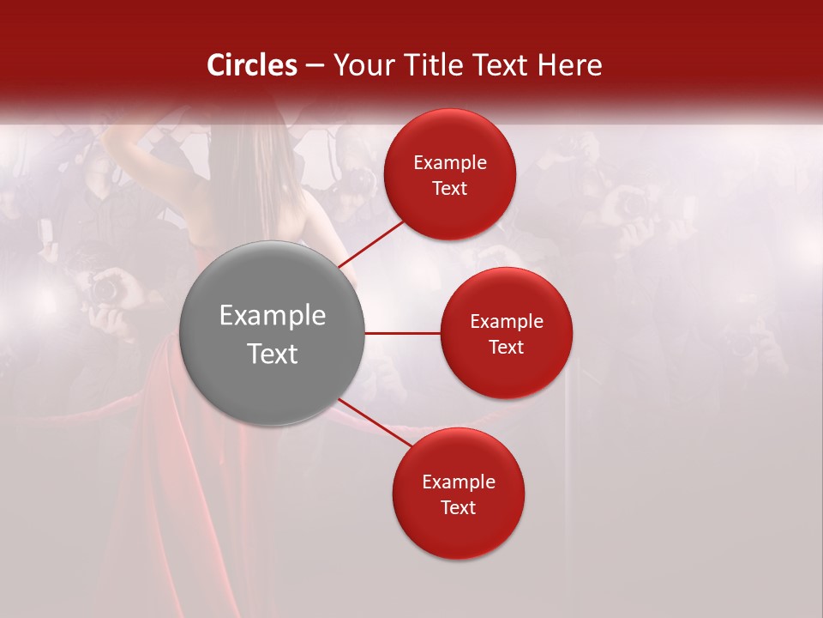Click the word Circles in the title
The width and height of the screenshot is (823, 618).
click(x=252, y=65)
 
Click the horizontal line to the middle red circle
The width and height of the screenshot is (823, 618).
click(x=402, y=333)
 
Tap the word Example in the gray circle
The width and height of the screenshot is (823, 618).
click(x=273, y=316)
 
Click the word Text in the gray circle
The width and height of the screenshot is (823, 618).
click(x=273, y=354)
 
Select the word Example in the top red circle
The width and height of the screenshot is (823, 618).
click(x=450, y=163)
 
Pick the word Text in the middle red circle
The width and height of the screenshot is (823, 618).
click(x=506, y=347)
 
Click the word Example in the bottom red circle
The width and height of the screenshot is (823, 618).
click(x=459, y=482)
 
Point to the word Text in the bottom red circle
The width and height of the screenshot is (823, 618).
click(x=459, y=507)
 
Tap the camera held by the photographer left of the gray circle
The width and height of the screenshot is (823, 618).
click(x=106, y=288)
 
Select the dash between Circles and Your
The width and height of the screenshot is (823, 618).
click(x=315, y=65)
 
